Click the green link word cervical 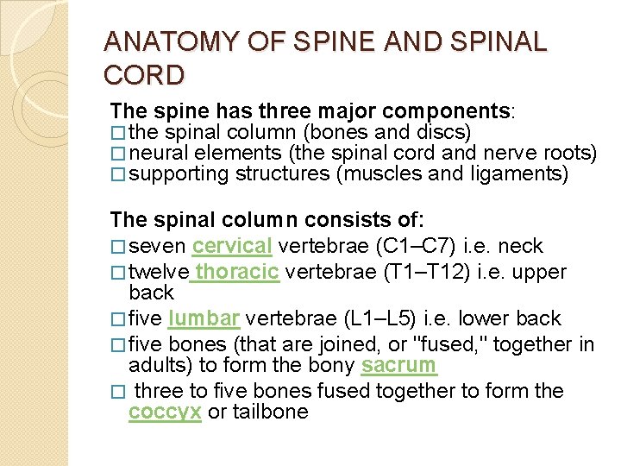(x=232, y=246)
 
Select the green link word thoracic (x=237, y=273)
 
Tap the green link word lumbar (x=204, y=319)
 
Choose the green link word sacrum (x=398, y=365)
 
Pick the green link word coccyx (x=165, y=412)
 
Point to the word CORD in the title (x=144, y=76)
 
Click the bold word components (x=446, y=112)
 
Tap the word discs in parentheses (x=444, y=133)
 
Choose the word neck (x=521, y=246)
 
